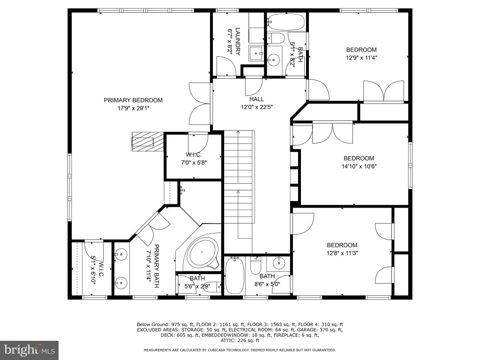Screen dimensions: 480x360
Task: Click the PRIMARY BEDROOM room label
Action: coord(133,100)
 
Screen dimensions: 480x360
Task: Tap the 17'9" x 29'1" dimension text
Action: coord(133,108)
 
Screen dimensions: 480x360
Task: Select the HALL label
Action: coord(256,99)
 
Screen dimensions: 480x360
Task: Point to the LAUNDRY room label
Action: coord(238,42)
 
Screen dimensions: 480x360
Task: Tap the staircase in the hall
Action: coord(239,184)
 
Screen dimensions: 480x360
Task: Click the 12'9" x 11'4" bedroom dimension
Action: coord(361,58)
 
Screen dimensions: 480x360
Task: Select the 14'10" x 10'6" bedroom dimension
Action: coord(359,166)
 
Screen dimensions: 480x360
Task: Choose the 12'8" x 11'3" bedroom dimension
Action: coord(342,253)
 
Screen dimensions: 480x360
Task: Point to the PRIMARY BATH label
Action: coord(157,266)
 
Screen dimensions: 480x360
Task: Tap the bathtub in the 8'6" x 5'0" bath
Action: coord(234,275)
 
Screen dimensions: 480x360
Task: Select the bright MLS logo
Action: coord(30,350)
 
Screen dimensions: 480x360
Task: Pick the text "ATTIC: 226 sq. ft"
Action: coord(240,340)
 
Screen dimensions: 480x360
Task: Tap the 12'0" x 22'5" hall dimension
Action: coord(257,107)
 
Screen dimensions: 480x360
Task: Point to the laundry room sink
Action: coord(256,53)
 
